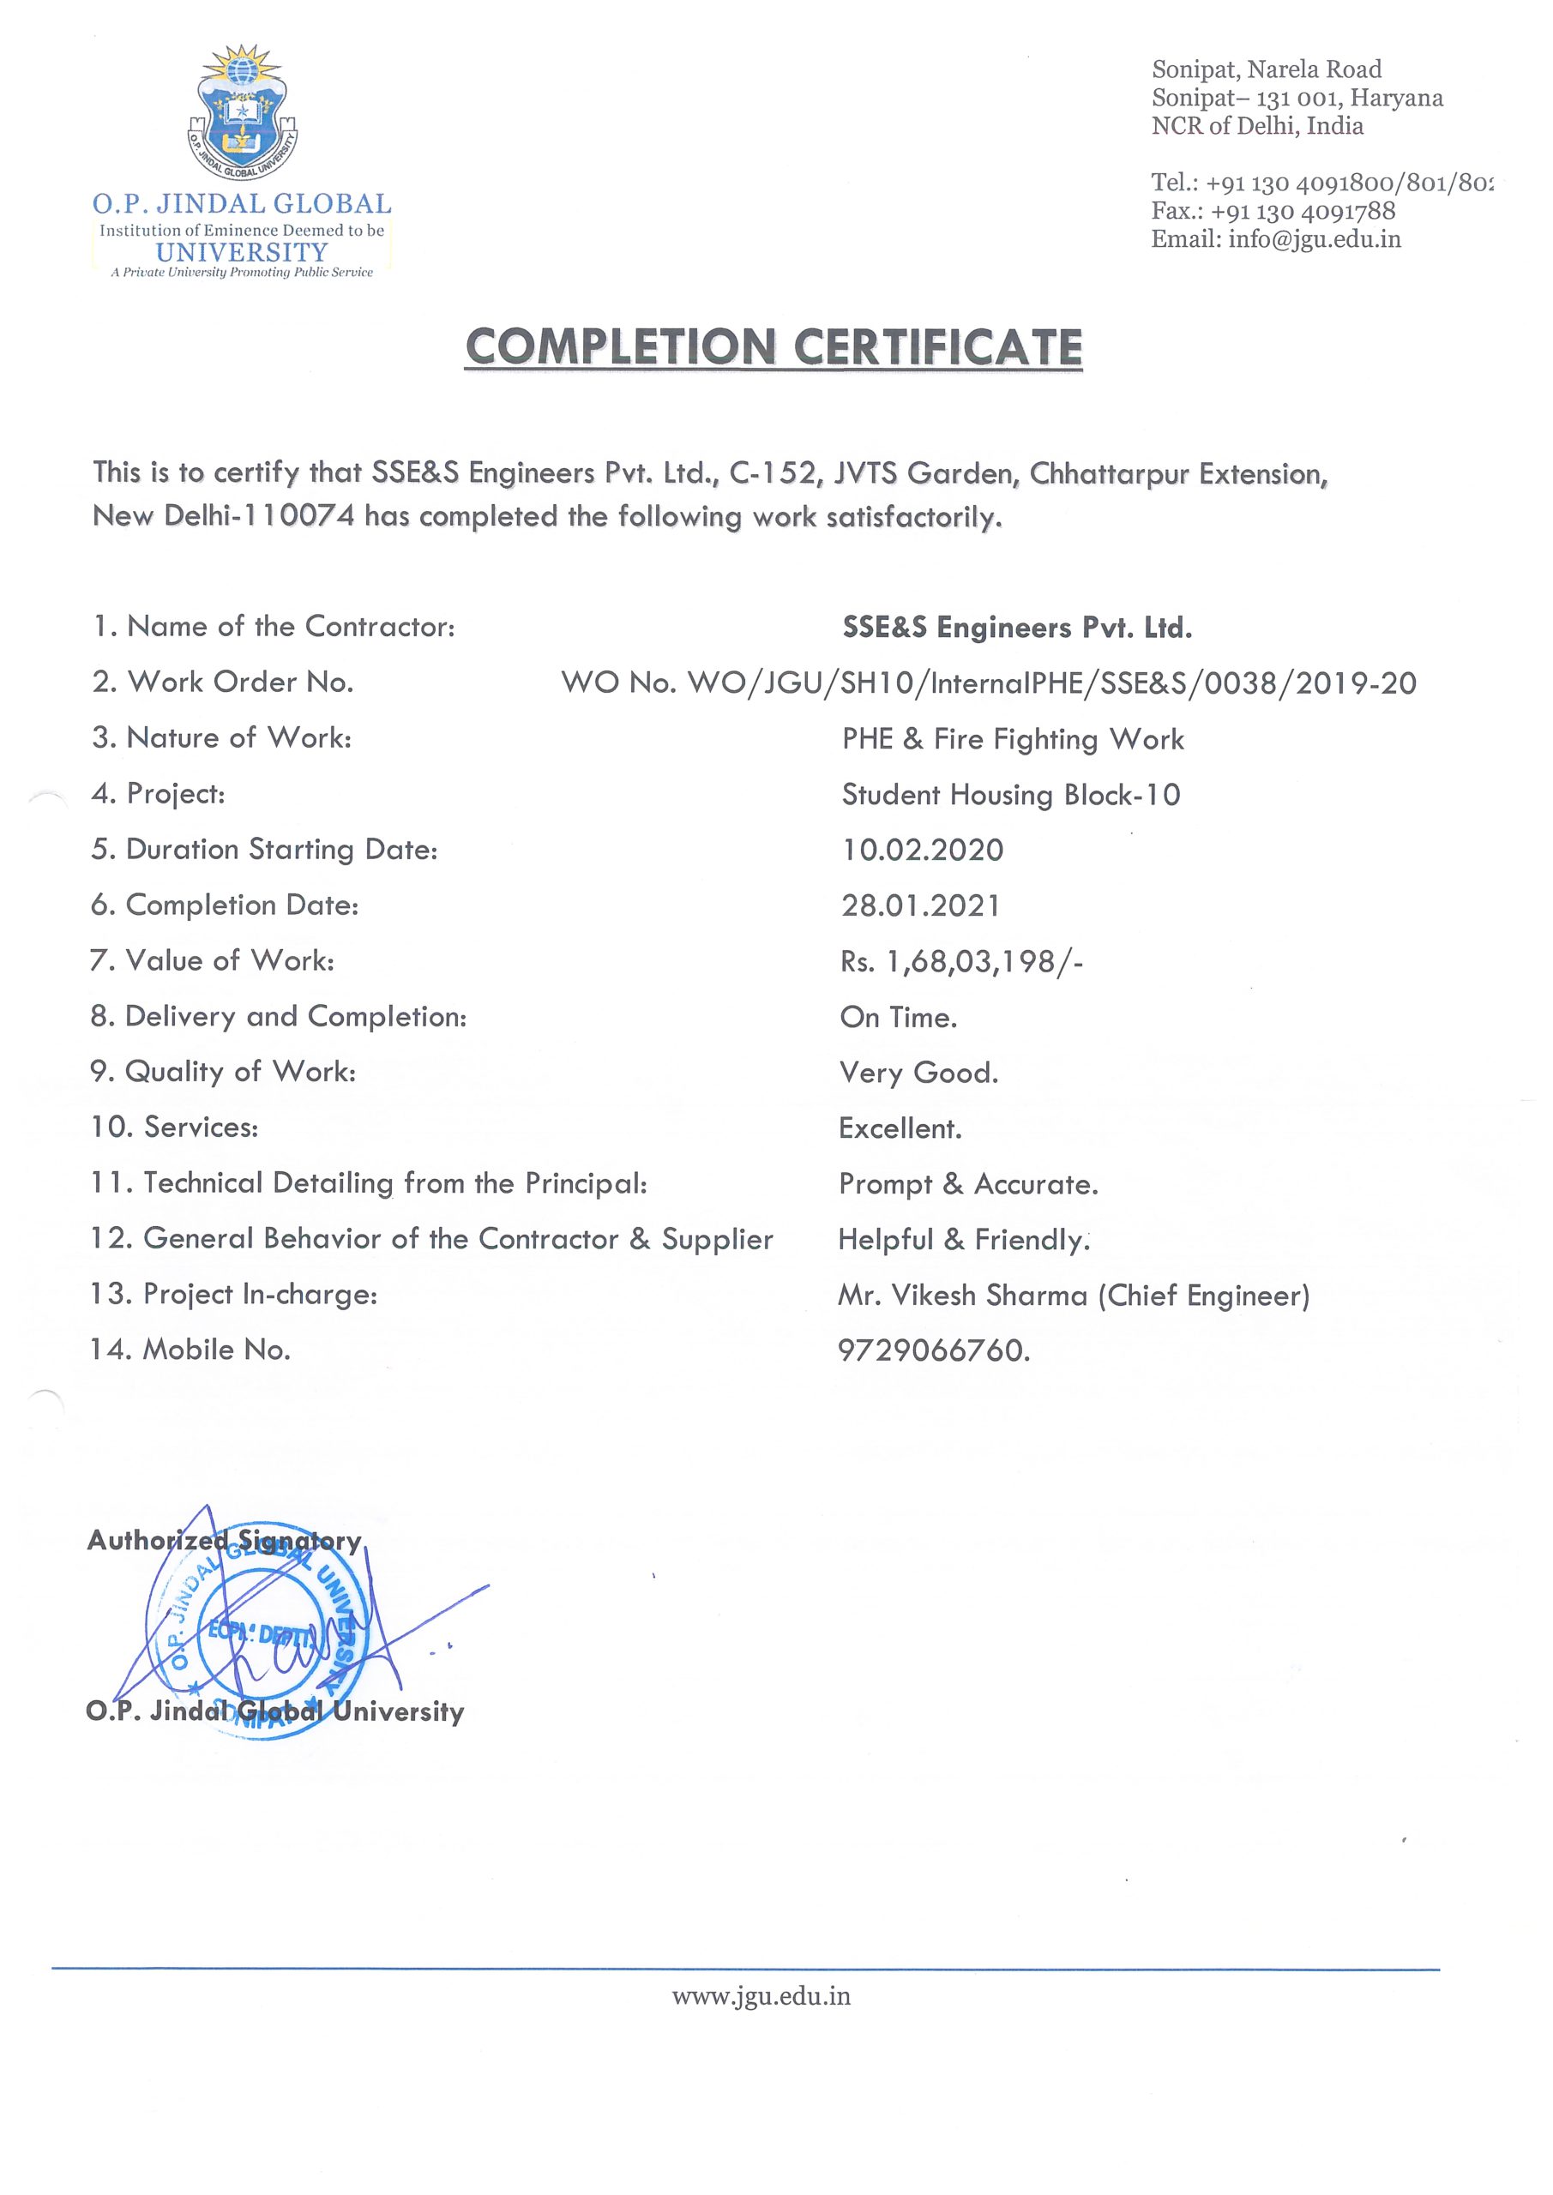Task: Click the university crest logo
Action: tap(242, 113)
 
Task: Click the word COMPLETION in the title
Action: tap(620, 347)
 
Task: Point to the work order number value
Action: tap(988, 683)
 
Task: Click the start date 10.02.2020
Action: tap(922, 850)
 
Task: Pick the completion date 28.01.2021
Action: tap(920, 905)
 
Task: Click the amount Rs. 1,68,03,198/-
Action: tap(961, 961)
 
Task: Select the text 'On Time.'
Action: tap(898, 1017)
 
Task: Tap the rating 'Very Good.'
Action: tap(918, 1073)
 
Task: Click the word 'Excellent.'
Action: tap(900, 1128)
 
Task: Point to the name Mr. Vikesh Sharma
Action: tap(963, 1296)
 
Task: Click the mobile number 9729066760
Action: tap(933, 1350)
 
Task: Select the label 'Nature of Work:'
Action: tap(239, 738)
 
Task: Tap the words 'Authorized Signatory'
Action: tap(224, 1540)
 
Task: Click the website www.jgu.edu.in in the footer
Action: tap(761, 1996)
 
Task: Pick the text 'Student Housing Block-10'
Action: tap(1011, 795)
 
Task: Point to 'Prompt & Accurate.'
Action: tap(968, 1184)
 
